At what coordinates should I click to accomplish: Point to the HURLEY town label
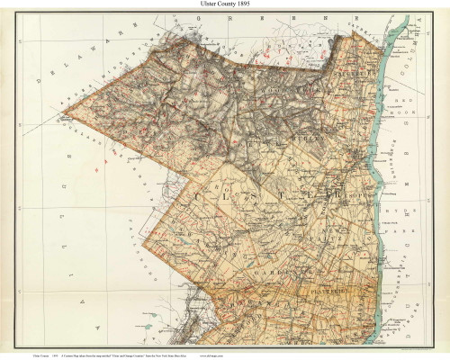[306, 141]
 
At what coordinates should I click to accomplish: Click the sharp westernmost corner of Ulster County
[62, 115]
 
